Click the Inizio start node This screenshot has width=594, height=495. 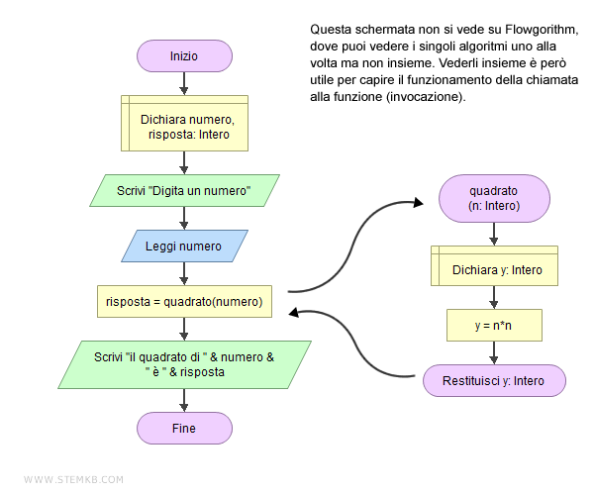click(x=184, y=56)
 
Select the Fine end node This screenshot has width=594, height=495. click(x=184, y=428)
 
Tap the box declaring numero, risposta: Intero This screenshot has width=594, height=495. click(x=184, y=126)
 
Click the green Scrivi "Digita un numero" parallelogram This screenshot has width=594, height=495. click(x=184, y=190)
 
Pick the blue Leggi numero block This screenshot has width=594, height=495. click(x=184, y=246)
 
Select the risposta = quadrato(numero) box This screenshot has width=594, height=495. click(x=184, y=301)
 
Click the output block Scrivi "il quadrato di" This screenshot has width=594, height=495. click(x=184, y=364)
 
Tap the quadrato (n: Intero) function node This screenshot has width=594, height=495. click(x=494, y=198)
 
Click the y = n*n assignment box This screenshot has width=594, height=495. click(x=494, y=324)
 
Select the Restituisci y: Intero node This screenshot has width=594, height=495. click(x=494, y=380)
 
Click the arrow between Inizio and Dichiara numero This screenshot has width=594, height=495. click(x=184, y=83)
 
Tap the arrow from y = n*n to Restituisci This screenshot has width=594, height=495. click(x=494, y=351)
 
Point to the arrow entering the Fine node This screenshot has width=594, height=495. click(x=184, y=400)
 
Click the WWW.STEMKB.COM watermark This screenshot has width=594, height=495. click(x=73, y=479)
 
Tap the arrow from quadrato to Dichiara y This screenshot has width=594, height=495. click(x=494, y=235)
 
